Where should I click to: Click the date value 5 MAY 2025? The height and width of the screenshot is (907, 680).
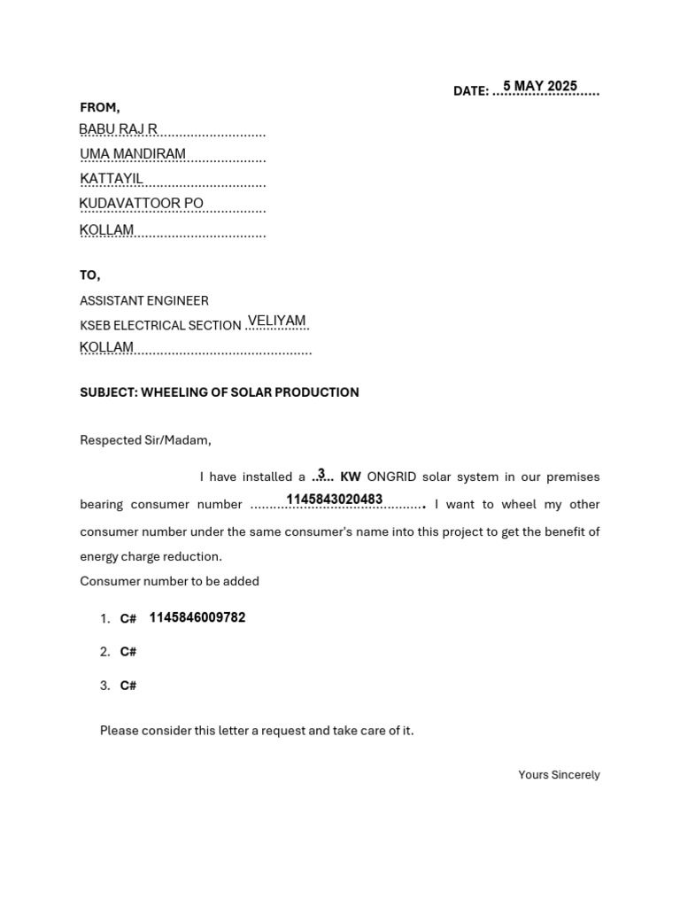point(540,86)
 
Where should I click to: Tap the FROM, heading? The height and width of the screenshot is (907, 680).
point(100,107)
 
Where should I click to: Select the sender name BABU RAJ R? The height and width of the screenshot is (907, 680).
point(118,129)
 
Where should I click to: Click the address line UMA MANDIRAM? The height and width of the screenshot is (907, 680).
point(133,154)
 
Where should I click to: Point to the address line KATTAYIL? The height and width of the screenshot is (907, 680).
point(112,179)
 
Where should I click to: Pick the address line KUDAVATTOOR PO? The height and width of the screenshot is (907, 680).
point(142,204)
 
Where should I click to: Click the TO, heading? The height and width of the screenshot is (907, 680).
point(90,275)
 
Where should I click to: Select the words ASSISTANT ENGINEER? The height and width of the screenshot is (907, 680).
point(144,301)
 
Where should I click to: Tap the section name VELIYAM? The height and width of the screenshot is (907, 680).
point(276,321)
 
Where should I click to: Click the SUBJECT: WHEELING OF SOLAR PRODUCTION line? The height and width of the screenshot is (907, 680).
point(220,392)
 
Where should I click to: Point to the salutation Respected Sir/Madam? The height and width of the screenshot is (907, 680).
point(146,440)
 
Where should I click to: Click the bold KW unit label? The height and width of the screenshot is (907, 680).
point(351,477)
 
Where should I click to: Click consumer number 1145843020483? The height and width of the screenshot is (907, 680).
point(335,500)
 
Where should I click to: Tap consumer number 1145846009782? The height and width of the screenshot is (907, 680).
point(197,617)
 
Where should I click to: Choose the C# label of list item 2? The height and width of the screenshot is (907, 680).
point(128,652)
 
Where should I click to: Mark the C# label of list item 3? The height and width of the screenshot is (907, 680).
point(128,686)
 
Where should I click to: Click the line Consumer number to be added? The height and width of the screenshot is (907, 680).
point(170,582)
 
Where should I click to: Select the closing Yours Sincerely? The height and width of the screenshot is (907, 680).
point(559,775)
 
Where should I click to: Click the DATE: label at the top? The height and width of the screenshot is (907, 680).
point(470,91)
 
